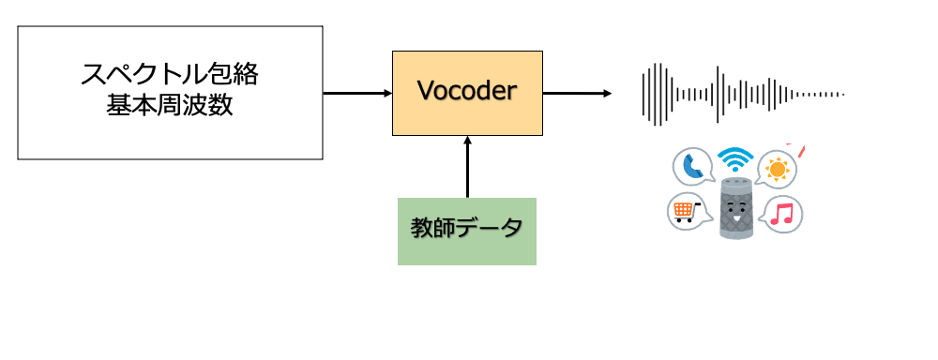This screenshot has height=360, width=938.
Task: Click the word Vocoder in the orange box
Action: coord(467,92)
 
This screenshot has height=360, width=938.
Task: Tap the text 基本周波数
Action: coord(170,106)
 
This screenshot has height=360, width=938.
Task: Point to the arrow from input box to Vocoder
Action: coord(356,93)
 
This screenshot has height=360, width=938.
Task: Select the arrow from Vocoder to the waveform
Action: coord(577,93)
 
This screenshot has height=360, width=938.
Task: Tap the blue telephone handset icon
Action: coord(692,167)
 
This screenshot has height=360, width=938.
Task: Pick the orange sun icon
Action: coord(777,169)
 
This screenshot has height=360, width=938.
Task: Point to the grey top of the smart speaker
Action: coord(736,181)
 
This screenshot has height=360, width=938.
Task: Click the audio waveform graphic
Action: coord(741,94)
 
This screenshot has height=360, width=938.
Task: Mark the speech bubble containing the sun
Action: coord(778,170)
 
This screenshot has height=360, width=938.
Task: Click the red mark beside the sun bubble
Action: coord(803,150)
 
